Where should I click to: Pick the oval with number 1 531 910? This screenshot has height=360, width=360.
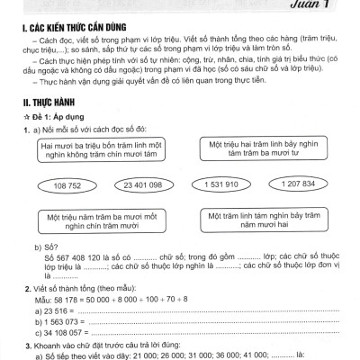217,184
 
